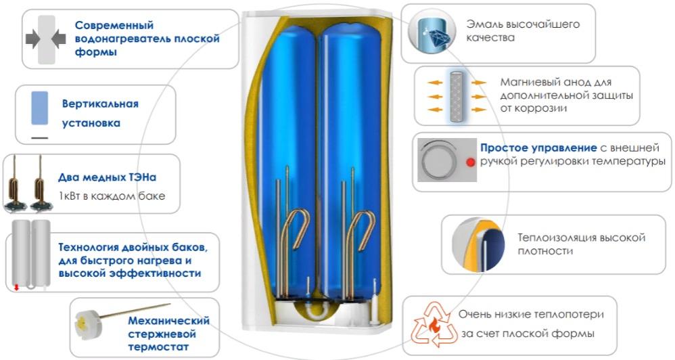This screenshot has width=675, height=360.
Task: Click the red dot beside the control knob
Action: pyautogui.click(x=469, y=162)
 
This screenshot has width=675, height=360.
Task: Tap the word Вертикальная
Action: pyautogui.click(x=100, y=104)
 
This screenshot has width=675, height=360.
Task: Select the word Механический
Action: pyautogui.click(x=168, y=321)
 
